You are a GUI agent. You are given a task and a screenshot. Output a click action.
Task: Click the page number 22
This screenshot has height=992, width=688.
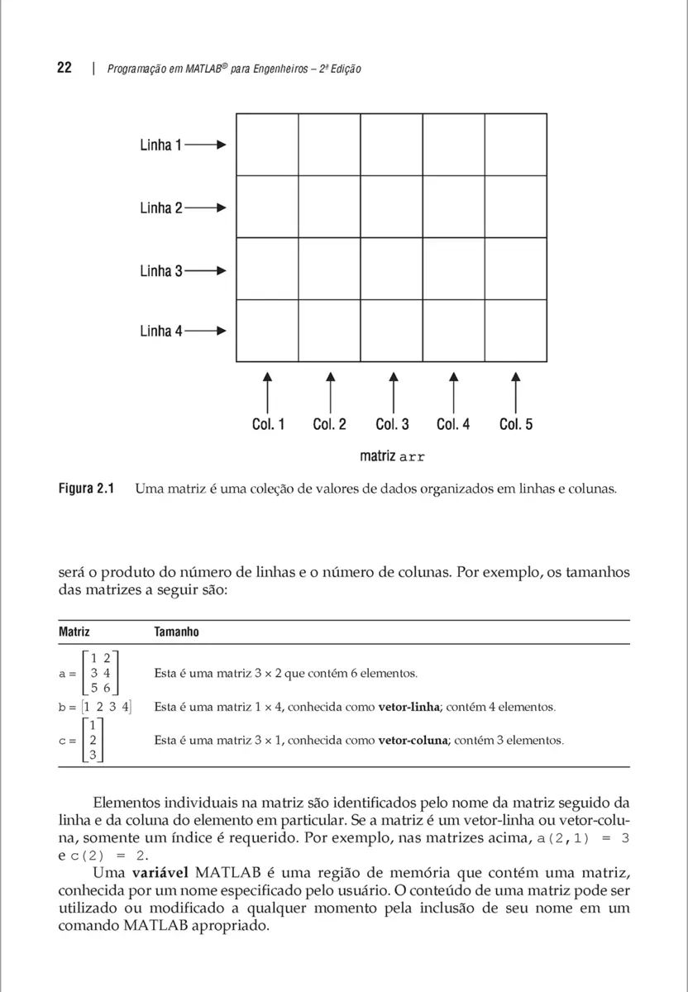pos(64,69)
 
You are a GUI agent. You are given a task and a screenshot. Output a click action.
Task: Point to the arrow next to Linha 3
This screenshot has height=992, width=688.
pos(205,271)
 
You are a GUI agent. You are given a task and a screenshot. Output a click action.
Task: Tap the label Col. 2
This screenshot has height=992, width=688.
pos(329,424)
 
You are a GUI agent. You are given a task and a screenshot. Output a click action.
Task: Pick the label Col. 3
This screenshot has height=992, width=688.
pos(392,424)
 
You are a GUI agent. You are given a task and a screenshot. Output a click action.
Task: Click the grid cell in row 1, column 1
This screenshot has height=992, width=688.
pos(267,145)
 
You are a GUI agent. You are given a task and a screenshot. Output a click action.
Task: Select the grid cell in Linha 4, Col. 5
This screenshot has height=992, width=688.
pos(515,331)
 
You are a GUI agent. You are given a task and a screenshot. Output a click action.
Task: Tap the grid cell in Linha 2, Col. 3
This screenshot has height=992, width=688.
pos(391,207)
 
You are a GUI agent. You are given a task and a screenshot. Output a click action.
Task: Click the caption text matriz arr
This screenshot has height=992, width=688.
pos(392,455)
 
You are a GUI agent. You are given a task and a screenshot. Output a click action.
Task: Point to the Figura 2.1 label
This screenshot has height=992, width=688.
pos(85,489)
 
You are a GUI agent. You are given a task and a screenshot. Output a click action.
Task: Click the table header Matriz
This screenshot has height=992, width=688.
pos(74,632)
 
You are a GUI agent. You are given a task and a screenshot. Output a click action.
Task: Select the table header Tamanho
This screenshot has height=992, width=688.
pos(176,632)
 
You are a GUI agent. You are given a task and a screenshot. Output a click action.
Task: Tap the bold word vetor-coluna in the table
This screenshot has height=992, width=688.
pos(413,741)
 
